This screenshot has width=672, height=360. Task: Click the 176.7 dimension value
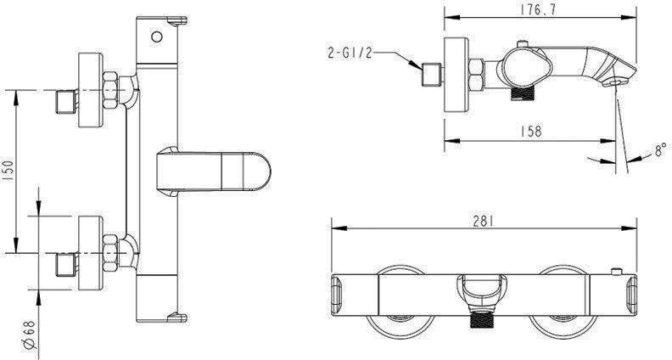(538, 9)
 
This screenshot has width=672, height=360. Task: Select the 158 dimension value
(530, 132)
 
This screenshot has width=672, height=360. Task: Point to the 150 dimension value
(8, 172)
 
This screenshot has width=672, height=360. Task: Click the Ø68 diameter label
(29, 335)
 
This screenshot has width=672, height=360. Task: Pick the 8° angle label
(660, 149)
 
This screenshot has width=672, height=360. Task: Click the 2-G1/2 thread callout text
(350, 53)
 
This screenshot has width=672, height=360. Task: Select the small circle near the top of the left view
(157, 37)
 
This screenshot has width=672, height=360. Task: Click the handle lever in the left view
(214, 172)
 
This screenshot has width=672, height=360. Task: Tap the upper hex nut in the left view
(110, 90)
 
